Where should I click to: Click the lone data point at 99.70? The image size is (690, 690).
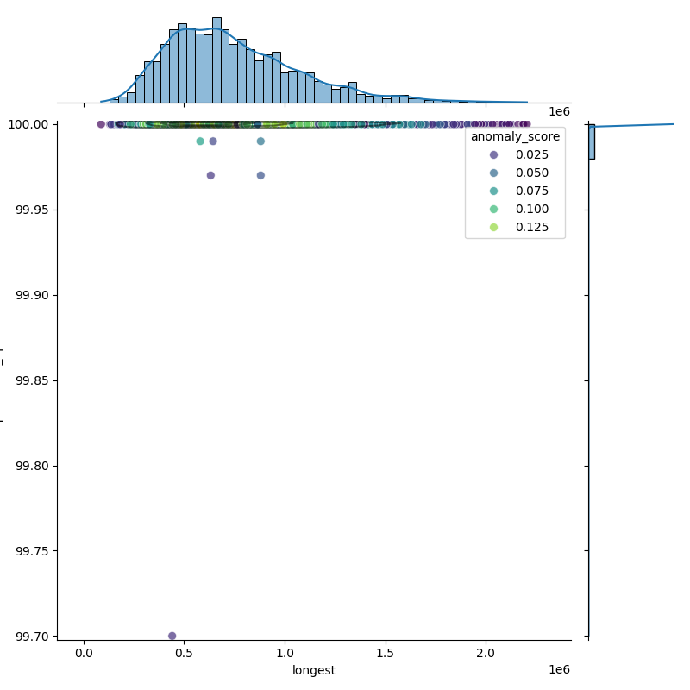172,636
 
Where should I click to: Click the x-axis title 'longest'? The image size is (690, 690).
314,670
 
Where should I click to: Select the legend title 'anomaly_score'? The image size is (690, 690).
515,136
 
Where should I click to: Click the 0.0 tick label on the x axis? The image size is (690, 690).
84,654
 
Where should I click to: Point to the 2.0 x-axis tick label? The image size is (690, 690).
486,654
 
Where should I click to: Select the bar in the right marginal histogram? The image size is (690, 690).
592,141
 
